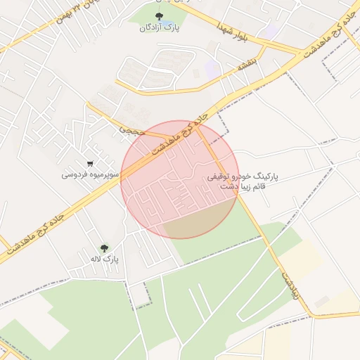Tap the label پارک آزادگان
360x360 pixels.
[x=159, y=27]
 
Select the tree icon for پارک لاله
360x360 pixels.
[x=105, y=248]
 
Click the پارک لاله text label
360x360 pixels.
[x=104, y=259]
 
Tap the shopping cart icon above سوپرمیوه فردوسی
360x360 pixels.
[x=89, y=163]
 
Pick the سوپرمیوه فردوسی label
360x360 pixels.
[x=88, y=174]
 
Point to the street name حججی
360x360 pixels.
[x=131, y=129]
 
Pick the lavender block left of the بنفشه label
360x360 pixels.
[x=211, y=69]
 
